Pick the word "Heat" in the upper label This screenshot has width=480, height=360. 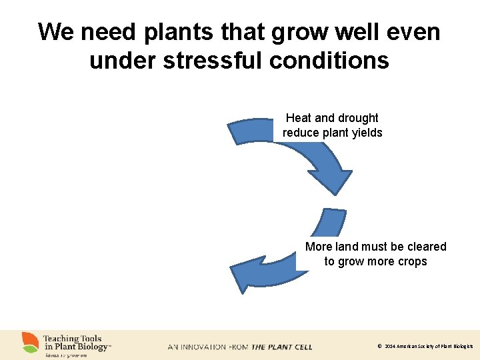(299, 118)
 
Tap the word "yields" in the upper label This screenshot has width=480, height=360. (367, 133)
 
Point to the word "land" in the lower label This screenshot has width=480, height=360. (348, 247)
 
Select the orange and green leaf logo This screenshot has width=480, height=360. (30, 342)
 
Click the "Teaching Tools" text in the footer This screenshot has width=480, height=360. (72, 339)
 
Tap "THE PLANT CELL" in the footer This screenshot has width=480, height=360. (281, 347)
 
